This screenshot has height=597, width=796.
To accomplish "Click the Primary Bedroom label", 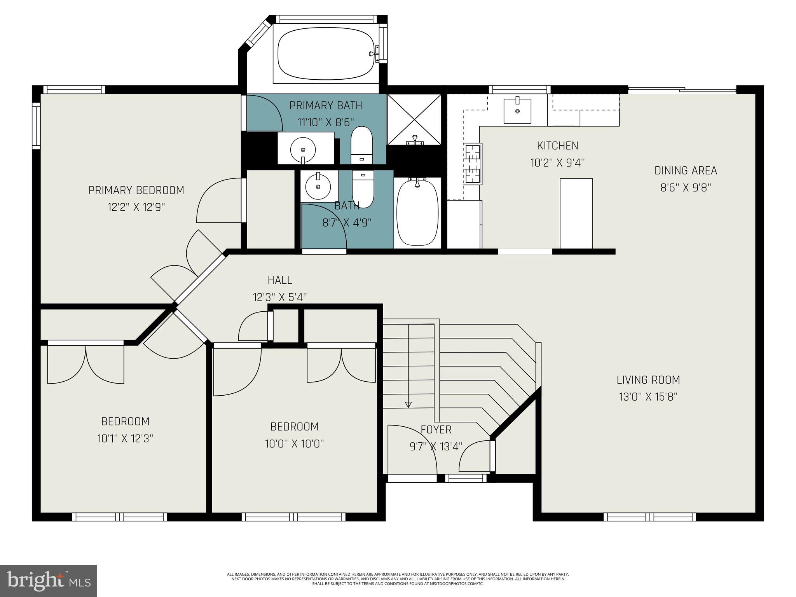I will click(136, 190).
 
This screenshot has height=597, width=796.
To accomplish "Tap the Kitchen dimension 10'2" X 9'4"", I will click(557, 162).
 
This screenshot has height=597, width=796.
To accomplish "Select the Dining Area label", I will click(686, 170).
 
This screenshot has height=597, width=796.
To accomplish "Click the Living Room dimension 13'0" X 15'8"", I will click(648, 397).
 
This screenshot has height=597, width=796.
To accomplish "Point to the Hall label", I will click(280, 280).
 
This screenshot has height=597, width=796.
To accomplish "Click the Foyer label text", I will click(436, 429).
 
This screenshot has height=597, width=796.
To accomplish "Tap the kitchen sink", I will click(517, 111).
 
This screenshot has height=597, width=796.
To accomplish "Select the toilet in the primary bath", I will click(361, 145).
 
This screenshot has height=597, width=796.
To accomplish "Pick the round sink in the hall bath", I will click(318, 187).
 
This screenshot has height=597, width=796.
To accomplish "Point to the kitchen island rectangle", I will click(576, 213).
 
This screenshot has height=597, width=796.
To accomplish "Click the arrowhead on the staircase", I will click(408, 405).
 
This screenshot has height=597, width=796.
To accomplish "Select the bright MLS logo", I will click(49, 581).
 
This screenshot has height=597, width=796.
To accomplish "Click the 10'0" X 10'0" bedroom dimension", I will click(294, 443).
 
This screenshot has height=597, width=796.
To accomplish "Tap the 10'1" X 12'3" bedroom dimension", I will click(125, 438).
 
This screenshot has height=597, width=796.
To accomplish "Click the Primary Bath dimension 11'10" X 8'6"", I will click(326, 122).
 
